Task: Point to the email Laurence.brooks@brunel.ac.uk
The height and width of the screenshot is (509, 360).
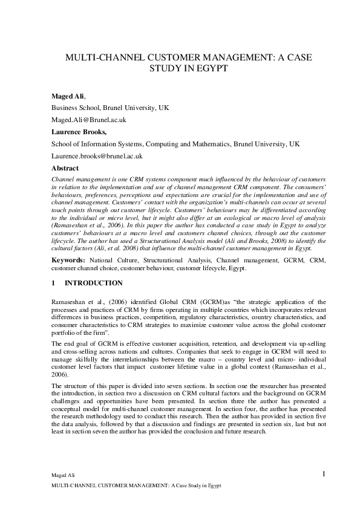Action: tap(97, 156)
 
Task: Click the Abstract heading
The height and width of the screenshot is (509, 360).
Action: tap(65, 168)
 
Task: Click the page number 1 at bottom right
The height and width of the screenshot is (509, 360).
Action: tap(324, 473)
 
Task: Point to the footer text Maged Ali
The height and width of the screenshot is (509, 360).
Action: tap(61, 476)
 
